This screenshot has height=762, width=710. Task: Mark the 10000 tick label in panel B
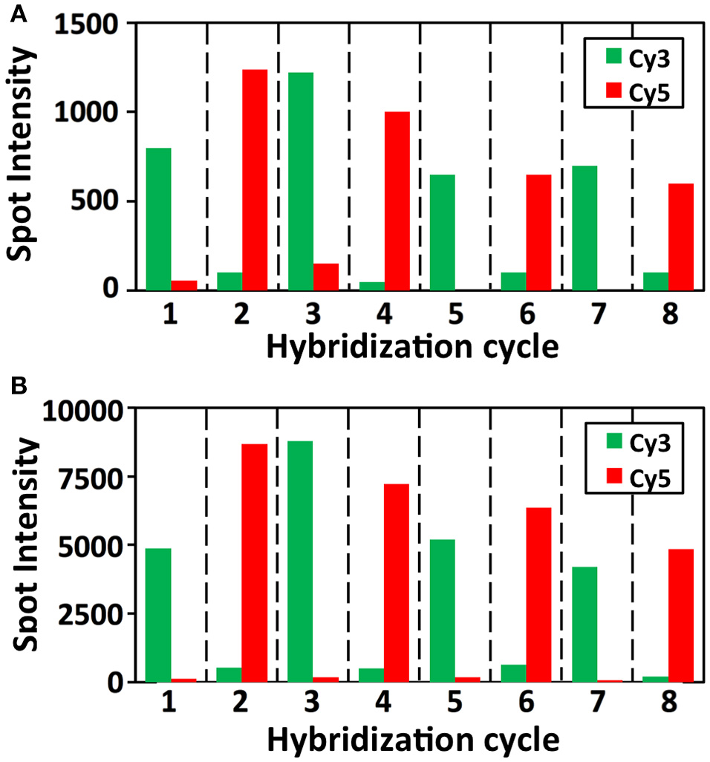[x=78, y=408]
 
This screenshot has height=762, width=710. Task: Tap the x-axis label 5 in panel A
[x=455, y=315]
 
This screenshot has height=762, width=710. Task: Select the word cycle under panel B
[x=515, y=740]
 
